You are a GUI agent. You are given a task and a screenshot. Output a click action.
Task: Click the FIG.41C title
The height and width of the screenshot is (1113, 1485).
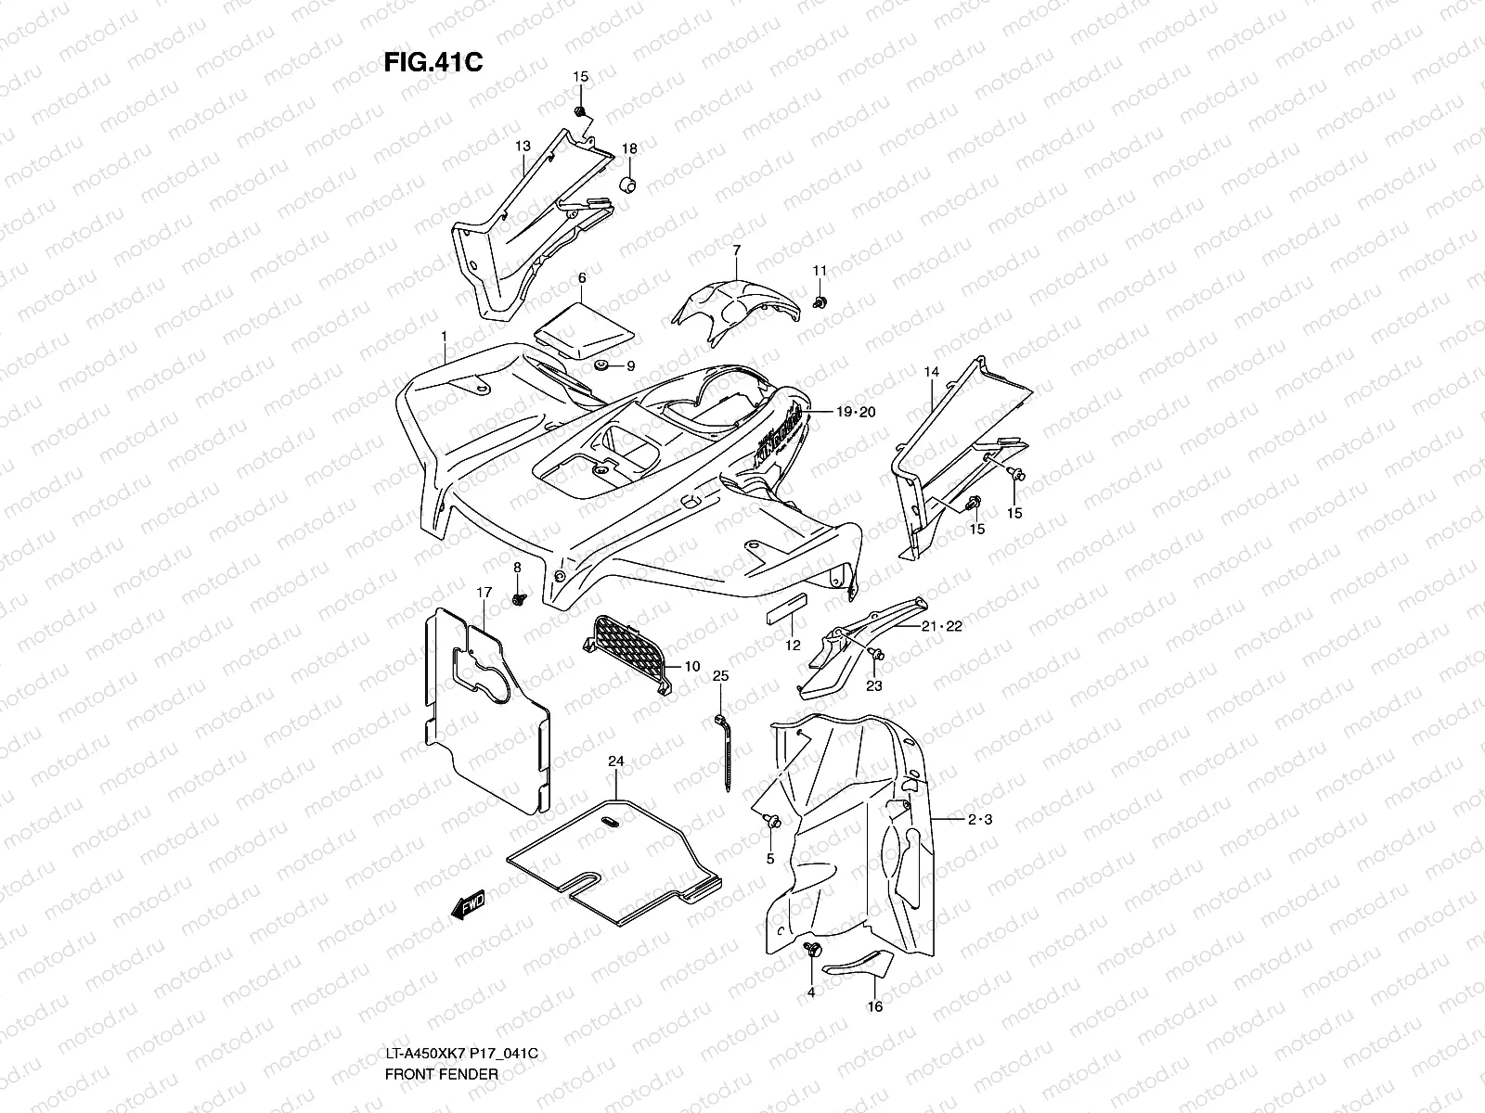433,61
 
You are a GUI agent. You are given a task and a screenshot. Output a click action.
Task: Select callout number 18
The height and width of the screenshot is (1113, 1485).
629,149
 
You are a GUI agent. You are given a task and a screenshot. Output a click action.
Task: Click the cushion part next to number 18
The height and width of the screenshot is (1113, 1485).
627,181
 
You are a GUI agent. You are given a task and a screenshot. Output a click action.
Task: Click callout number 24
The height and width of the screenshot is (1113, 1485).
615,761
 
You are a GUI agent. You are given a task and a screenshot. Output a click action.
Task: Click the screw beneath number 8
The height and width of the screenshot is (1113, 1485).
518,599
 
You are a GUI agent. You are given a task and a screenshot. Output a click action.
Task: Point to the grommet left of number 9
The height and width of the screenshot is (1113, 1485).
600,366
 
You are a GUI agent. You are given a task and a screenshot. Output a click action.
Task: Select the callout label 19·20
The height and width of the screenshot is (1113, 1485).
854,413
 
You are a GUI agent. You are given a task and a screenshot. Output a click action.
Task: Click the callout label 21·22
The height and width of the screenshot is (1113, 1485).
941,626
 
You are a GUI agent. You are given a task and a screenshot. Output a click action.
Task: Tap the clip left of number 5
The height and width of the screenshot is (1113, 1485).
770,820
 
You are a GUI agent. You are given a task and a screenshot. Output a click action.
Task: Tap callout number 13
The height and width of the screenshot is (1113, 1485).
523,147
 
